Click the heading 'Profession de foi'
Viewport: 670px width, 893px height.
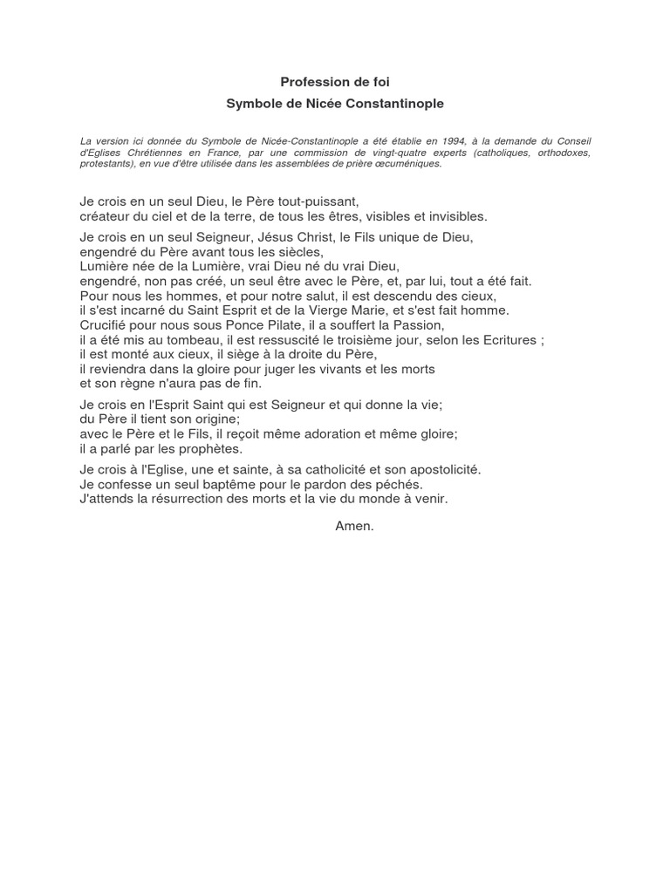tap(335, 82)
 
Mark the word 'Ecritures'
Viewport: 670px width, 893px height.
tap(509, 340)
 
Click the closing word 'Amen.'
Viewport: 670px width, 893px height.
tap(354, 526)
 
